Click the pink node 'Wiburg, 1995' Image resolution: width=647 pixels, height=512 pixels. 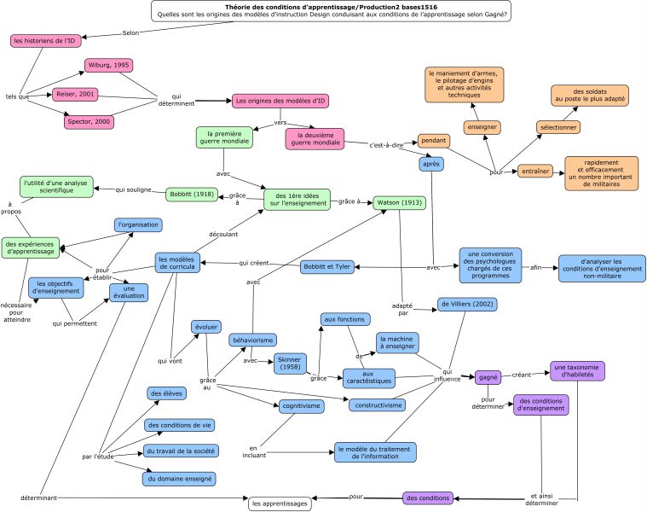tap(109, 65)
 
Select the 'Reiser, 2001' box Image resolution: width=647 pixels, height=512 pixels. tap(75, 94)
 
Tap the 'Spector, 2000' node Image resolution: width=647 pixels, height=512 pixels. tap(89, 122)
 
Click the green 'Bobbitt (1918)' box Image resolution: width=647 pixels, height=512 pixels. tap(192, 194)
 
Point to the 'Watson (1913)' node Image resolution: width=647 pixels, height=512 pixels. tap(400, 203)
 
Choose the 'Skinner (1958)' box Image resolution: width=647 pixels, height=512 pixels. tap(290, 364)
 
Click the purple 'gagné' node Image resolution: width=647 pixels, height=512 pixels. tap(488, 377)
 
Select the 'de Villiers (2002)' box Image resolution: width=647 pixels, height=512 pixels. tap(467, 305)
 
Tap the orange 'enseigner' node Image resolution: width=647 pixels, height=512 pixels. tap(482, 127)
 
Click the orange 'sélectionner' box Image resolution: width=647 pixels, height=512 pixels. tap(558, 127)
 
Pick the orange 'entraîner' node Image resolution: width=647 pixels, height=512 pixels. tap(535, 171)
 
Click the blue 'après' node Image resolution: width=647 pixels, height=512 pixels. tap(431, 164)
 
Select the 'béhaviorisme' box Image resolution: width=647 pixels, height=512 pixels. tap(253, 340)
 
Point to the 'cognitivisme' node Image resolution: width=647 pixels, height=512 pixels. tap(301, 406)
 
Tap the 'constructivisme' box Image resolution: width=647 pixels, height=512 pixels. tap(378, 405)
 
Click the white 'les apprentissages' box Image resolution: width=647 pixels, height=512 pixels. tap(280, 503)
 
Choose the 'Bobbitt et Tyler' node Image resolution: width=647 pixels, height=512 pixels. tap(326, 267)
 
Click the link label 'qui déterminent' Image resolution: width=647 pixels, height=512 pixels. tap(176, 100)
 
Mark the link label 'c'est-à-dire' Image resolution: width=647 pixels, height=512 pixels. tap(386, 145)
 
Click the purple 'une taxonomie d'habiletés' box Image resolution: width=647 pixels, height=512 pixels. tap(577, 371)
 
